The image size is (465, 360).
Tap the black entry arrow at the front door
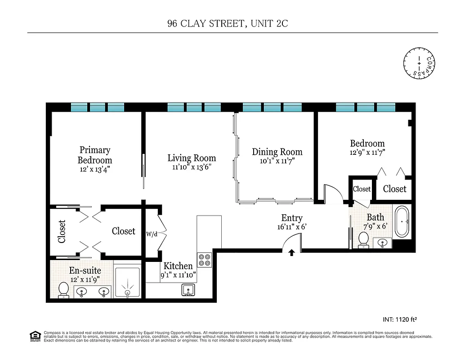pos(292,253)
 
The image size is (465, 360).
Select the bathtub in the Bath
pos(402,221)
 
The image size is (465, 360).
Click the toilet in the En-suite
pos(63,289)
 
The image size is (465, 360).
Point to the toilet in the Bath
pos(363,239)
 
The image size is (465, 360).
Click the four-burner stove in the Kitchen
pos(205,260)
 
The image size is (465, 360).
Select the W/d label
pos(152,234)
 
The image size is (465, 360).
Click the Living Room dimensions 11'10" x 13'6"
pos(192,167)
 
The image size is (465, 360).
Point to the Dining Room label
pos(277,152)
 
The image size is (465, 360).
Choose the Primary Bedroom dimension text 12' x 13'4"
pos(95,169)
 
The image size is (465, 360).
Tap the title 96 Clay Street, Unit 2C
pos(227,24)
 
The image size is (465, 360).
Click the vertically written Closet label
pos(62,231)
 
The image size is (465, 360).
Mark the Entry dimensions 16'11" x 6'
pos(292,227)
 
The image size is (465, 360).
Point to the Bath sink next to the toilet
pos(383,243)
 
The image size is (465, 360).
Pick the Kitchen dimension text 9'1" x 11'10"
pos(179,275)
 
